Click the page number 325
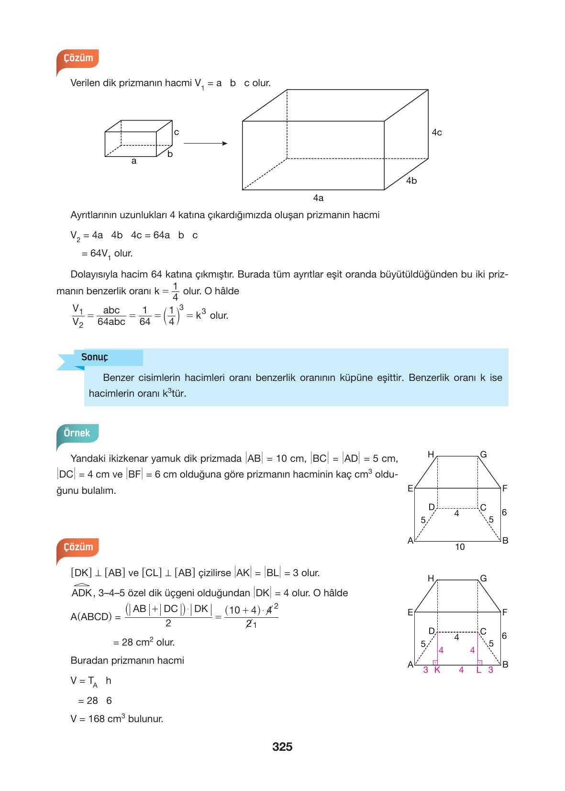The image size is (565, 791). [282, 746]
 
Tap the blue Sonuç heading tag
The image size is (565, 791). [95, 357]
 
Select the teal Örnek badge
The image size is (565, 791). [77, 433]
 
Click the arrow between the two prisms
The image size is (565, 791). [205, 143]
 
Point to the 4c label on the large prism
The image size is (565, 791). [436, 133]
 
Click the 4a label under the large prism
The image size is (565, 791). [318, 198]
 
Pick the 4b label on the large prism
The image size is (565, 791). [411, 181]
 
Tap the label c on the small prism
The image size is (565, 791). [176, 132]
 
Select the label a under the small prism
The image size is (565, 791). [134, 161]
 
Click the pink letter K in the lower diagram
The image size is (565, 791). [437, 670]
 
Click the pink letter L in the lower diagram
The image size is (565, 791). [478, 670]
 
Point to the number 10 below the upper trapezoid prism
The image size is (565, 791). [459, 547]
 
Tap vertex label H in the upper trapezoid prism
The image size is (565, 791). [431, 455]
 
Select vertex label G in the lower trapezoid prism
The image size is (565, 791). [483, 579]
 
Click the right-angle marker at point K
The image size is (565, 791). [435, 663]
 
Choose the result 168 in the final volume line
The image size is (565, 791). [97, 719]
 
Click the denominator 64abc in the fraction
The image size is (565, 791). [111, 322]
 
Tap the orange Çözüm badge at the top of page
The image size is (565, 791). [78, 58]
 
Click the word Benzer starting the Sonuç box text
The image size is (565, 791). [118, 378]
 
